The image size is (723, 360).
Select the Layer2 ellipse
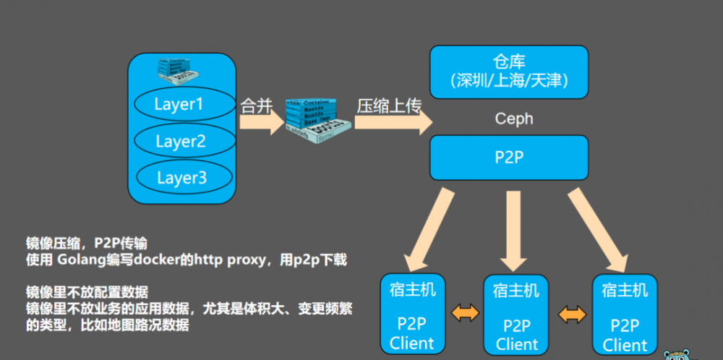coord(180,141)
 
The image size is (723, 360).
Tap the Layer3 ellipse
coord(181,177)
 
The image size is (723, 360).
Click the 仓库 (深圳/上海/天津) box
coord(508,72)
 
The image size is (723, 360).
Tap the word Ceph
coord(513,118)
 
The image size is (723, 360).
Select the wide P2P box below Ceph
coord(508,158)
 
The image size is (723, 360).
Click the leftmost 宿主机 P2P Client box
coord(412,315)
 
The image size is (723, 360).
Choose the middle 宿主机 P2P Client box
coord(515,315)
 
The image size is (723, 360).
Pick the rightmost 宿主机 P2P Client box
coord(624,315)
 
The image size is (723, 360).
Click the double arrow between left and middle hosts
coord(463,313)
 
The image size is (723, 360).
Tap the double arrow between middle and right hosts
coord(571,313)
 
